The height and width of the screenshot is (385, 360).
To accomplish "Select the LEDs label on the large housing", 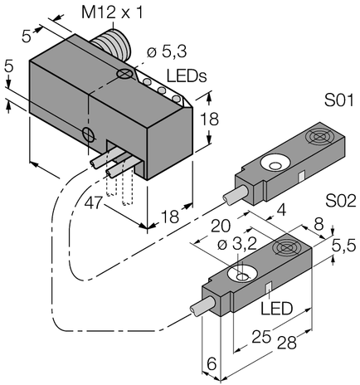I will [187, 76].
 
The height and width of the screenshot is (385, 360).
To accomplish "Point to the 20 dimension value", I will [220, 227].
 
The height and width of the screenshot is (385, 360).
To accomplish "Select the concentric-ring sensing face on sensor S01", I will [319, 139].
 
